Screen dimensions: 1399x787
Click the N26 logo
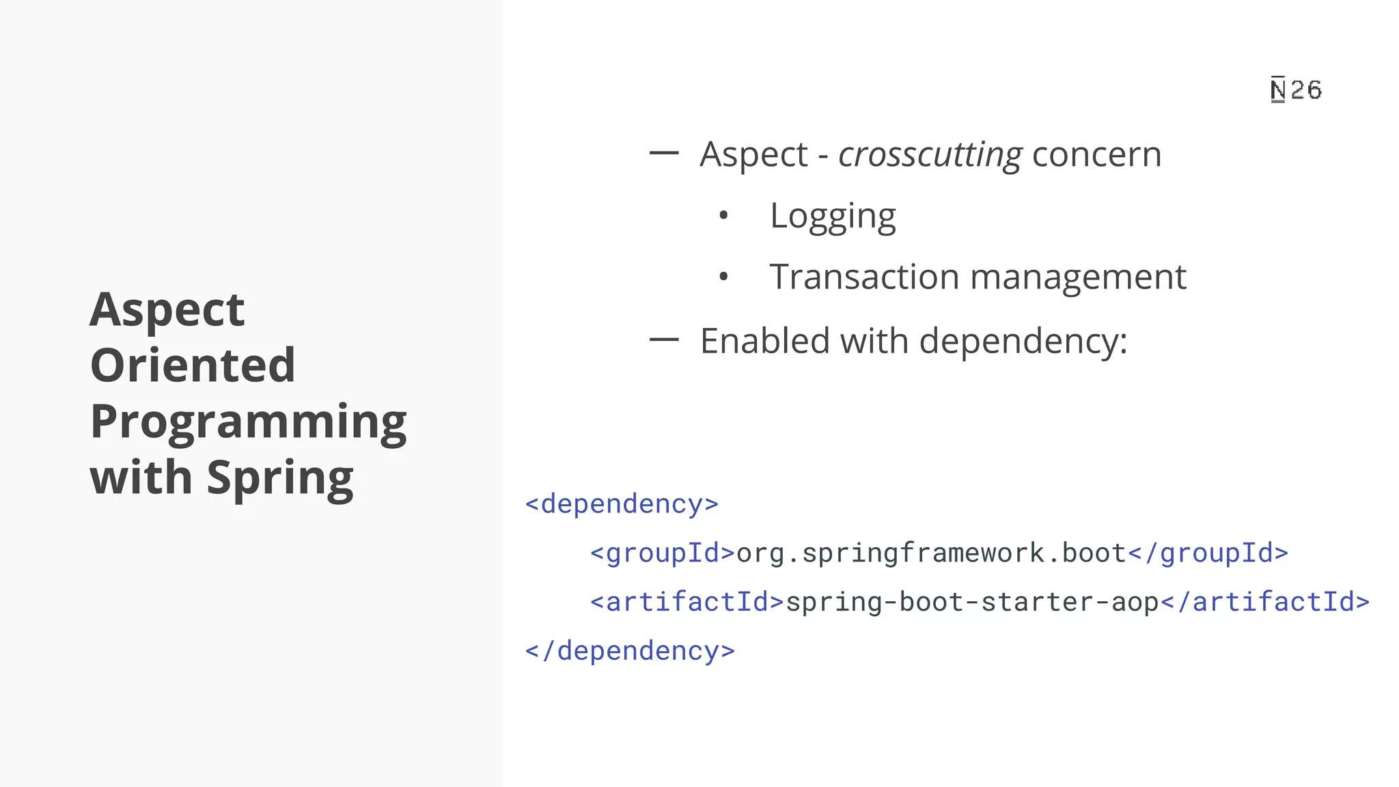pyautogui.click(x=1296, y=90)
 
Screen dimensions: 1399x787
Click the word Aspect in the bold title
pyautogui.click(x=167, y=310)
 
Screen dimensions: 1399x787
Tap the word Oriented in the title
pyautogui.click(x=193, y=365)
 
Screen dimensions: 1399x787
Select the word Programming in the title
pyautogui.click(x=249, y=422)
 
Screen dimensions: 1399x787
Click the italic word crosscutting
pyautogui.click(x=930, y=155)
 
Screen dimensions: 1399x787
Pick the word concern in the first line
pyautogui.click(x=1096, y=154)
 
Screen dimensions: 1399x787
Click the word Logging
pyautogui.click(x=833, y=217)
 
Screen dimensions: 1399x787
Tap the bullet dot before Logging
pyautogui.click(x=724, y=217)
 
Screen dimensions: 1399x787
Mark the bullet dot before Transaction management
pyautogui.click(x=724, y=277)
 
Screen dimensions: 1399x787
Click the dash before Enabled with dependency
pyautogui.click(x=663, y=339)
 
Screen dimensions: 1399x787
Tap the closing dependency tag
pyautogui.click(x=630, y=651)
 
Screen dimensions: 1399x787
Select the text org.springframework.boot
pyautogui.click(x=931, y=553)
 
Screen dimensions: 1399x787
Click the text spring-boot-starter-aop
pyautogui.click(x=972, y=602)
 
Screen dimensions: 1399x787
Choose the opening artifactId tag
pyautogui.click(x=687, y=602)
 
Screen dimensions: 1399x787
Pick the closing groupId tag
pyautogui.click(x=1208, y=553)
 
